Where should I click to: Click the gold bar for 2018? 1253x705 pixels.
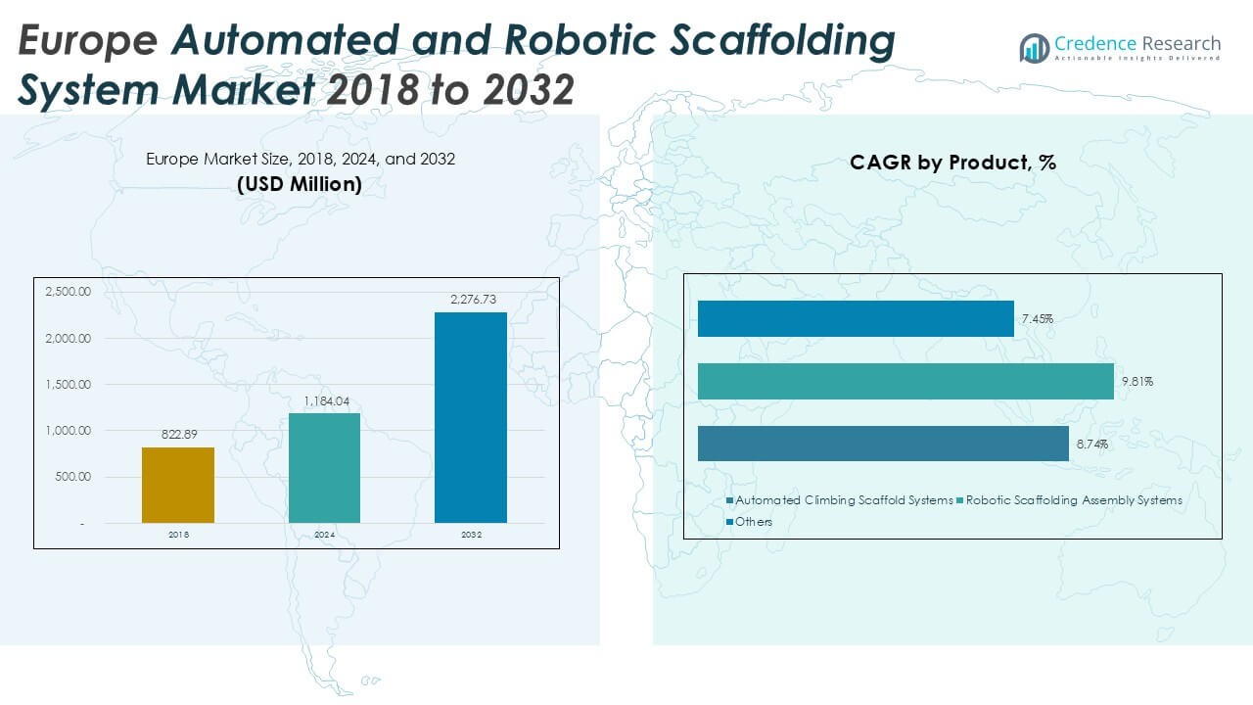[178, 485]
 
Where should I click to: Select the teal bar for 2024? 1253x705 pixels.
[324, 468]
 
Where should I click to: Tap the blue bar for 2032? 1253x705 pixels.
[471, 417]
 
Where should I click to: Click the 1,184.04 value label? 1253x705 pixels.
[324, 400]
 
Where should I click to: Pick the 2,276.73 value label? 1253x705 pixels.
[471, 299]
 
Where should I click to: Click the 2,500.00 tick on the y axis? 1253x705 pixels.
[68, 292]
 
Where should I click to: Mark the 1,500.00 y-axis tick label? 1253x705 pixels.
[68, 385]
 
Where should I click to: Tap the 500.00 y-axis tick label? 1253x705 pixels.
[72, 477]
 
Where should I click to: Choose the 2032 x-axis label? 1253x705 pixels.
[471, 535]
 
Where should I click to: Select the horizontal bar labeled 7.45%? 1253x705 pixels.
[856, 318]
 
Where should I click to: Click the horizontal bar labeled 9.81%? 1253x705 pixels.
[905, 381]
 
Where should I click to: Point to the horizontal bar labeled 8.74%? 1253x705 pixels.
[883, 444]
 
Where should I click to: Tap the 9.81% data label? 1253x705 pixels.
[1137, 382]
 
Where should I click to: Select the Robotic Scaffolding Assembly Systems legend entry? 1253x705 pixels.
[1074, 500]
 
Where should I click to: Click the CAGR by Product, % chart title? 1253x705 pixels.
[952, 163]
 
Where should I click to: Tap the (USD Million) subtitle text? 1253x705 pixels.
[300, 183]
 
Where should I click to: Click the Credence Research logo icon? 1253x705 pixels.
[1034, 48]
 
